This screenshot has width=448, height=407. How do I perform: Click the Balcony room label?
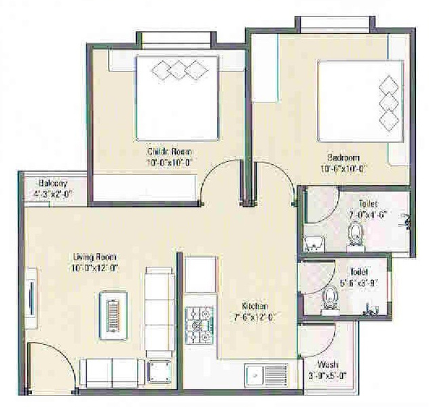(52, 184)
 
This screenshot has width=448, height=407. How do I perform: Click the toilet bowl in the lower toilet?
(331, 296)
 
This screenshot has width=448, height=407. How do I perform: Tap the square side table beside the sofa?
(162, 372)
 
